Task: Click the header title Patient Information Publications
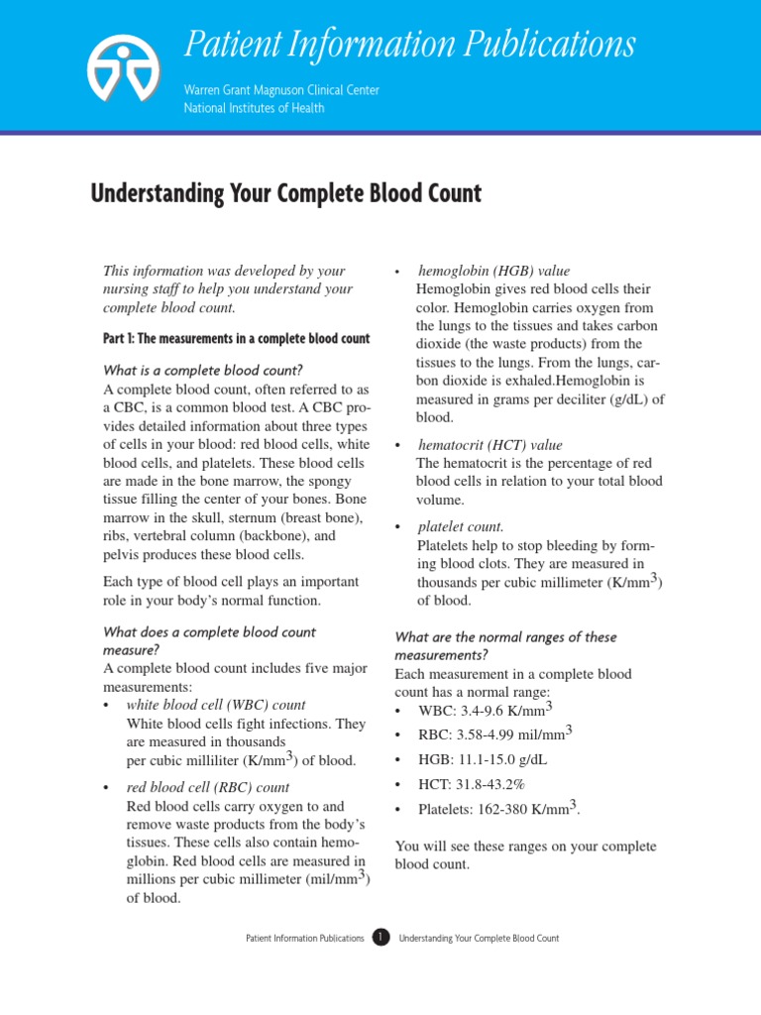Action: tap(408, 45)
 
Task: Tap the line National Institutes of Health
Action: tap(253, 108)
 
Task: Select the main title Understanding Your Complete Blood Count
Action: tap(286, 192)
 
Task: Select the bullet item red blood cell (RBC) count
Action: tap(208, 788)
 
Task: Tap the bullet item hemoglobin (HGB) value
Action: tap(494, 271)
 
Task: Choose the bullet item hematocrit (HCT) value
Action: tap(489, 445)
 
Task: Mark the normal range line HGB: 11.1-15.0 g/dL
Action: tap(483, 759)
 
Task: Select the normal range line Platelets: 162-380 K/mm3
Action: tap(498, 809)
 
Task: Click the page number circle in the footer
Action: tap(380, 938)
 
